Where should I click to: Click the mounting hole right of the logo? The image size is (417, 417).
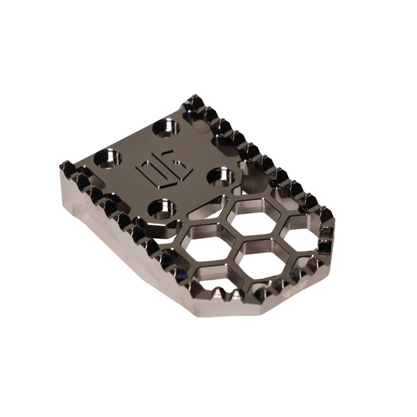221,177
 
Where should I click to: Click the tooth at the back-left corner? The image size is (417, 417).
67,168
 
